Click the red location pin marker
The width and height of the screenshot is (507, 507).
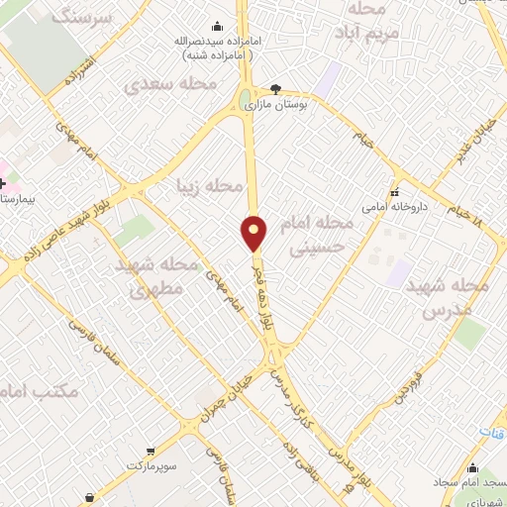click(254, 233)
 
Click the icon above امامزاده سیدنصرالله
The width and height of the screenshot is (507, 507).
click(218, 27)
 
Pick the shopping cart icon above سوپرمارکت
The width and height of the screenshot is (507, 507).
click(150, 451)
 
